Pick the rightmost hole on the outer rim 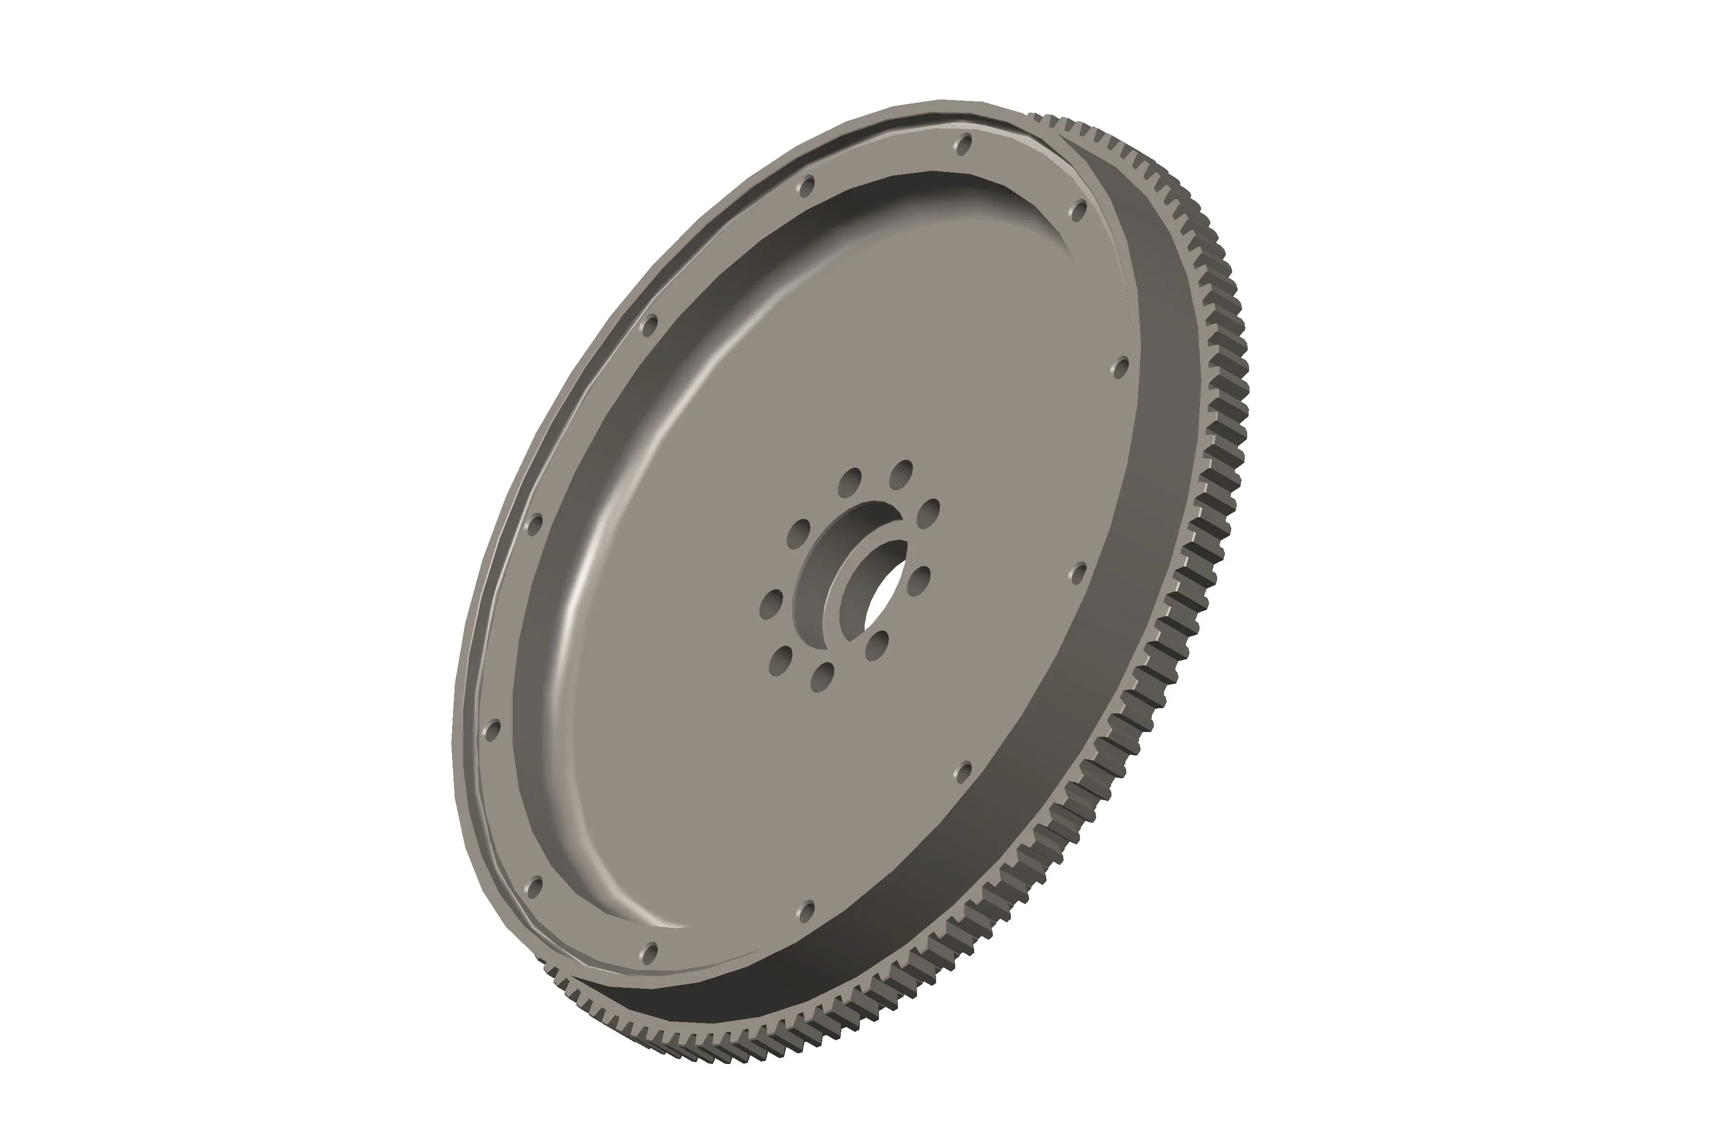[x=1121, y=368]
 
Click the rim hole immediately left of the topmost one [x=806, y=187]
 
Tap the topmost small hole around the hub [x=901, y=474]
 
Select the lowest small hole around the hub [x=822, y=676]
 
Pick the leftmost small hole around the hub [x=771, y=604]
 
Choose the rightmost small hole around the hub [x=928, y=513]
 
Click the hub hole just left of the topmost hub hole [x=849, y=483]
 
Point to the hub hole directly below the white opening [x=877, y=646]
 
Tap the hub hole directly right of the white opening [x=919, y=582]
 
